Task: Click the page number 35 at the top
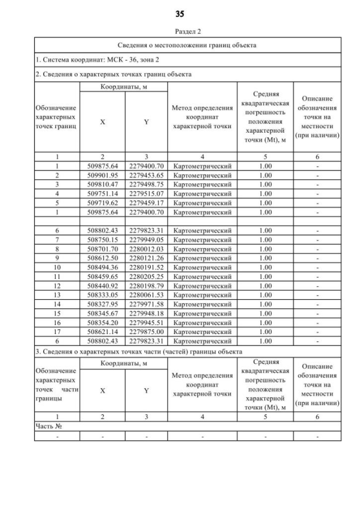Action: click(180, 13)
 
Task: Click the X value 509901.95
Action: click(102, 175)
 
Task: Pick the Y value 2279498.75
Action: click(146, 184)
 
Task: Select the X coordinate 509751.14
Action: click(102, 194)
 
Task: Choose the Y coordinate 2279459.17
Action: click(146, 203)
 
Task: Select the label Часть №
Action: click(48, 426)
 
